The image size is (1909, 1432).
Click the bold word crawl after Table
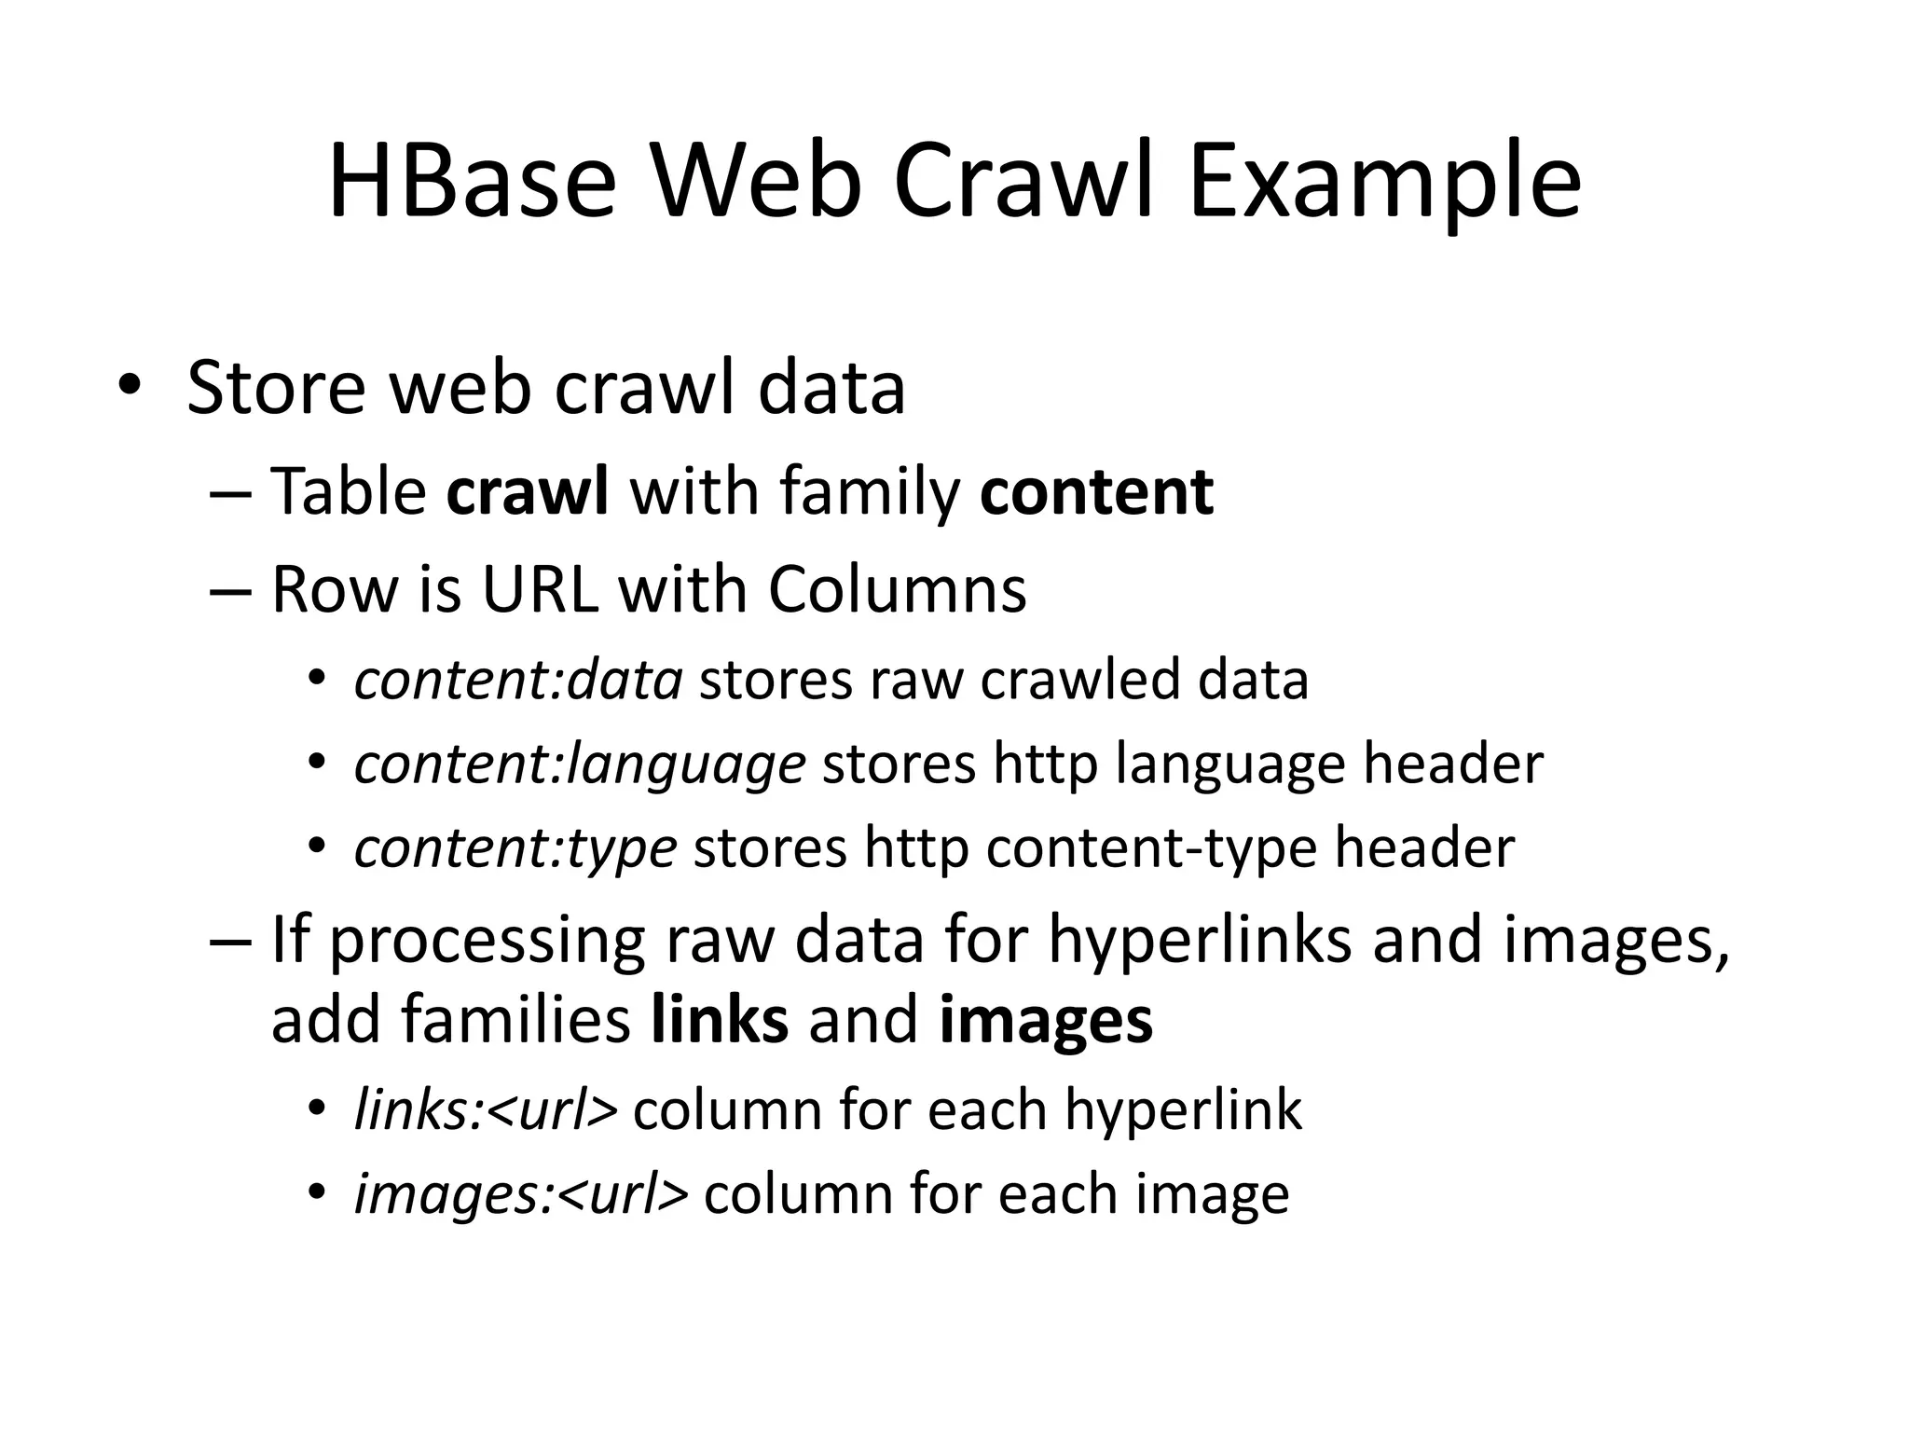coord(528,491)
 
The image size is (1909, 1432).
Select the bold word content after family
coord(1096,491)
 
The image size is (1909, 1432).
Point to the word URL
coord(540,590)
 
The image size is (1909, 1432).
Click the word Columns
coord(897,590)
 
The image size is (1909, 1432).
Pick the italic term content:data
coord(518,679)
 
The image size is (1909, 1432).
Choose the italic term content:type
coord(515,847)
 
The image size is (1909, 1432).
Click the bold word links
coord(720,1020)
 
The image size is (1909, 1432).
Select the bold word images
coord(1046,1020)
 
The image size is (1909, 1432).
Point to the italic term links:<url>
coord(486,1109)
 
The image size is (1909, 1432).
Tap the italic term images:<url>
coord(521,1193)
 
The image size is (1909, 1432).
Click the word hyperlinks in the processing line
coord(1200,939)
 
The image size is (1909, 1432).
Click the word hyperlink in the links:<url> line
coord(1183,1109)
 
